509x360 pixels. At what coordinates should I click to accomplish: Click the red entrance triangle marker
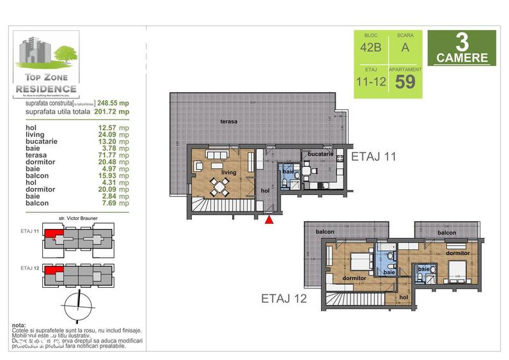270,220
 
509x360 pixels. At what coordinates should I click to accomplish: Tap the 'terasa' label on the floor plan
230,121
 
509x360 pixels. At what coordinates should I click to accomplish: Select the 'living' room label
230,173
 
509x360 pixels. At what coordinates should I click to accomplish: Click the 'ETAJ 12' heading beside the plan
285,297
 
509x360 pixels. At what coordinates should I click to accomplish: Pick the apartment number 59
405,81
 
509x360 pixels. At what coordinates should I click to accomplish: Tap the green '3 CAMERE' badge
461,49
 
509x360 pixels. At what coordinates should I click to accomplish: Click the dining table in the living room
221,187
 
